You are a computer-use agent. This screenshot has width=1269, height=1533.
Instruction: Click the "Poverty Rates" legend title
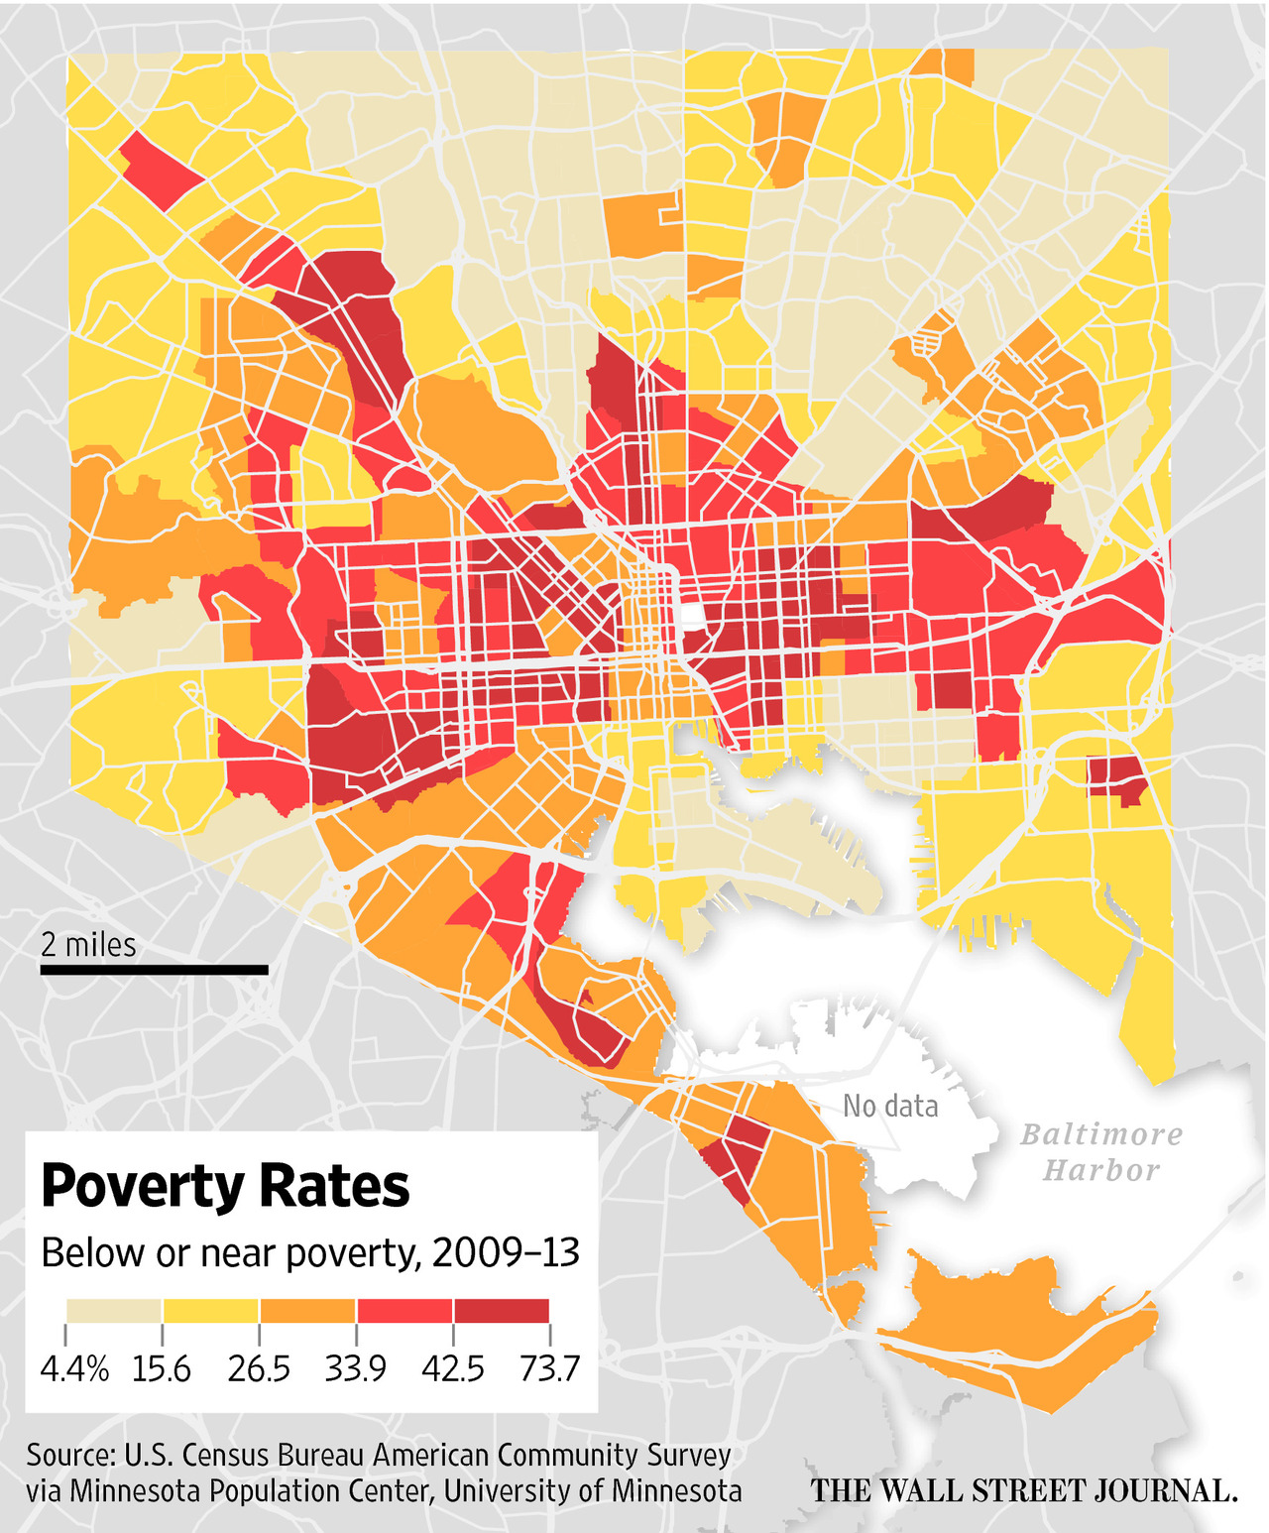click(225, 1186)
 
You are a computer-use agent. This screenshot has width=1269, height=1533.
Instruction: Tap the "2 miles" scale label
click(88, 945)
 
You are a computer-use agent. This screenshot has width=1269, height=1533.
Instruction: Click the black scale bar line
click(154, 970)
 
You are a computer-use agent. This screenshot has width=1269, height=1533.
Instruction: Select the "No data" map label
click(890, 1106)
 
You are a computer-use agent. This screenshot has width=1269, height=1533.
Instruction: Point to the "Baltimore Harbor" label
click(1101, 1152)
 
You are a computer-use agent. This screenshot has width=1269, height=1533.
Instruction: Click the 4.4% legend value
click(74, 1369)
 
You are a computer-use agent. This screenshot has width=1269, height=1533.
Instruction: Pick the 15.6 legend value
click(162, 1369)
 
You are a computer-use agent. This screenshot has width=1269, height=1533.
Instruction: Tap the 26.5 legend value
click(259, 1369)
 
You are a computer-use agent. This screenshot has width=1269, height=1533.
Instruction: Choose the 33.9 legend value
click(355, 1369)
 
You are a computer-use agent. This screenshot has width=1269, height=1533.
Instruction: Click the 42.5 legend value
click(453, 1369)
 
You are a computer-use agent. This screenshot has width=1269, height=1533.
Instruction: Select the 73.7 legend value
click(549, 1369)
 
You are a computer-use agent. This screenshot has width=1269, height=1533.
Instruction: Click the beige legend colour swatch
click(114, 1311)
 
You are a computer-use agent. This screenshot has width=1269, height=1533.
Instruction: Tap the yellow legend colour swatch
click(210, 1311)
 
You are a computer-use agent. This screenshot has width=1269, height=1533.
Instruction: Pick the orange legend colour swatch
click(307, 1311)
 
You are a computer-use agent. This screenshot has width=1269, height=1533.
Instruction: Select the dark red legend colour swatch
click(501, 1311)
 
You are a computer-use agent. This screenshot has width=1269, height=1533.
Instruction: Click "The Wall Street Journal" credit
click(1024, 1490)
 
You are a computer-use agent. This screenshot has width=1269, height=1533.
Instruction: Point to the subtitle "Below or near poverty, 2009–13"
click(309, 1253)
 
